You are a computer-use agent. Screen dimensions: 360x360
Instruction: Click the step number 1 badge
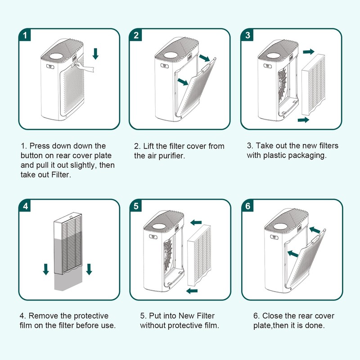point(25,35)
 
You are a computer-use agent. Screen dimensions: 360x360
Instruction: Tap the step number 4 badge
point(25,206)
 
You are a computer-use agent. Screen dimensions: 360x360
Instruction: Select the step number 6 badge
point(248,206)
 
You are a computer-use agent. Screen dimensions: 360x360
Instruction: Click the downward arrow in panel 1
point(95,54)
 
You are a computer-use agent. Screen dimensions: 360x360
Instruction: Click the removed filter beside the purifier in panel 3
point(313,84)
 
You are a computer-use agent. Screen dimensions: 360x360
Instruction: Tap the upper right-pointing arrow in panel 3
point(309,52)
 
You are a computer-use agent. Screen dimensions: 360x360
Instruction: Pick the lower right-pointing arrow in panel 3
point(303,120)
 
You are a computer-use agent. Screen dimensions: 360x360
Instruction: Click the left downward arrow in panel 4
point(46,269)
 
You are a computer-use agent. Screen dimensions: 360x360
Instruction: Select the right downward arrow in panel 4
point(89,269)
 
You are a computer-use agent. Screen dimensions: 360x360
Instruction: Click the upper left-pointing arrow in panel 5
point(196,222)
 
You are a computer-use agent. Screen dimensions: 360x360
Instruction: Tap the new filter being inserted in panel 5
point(199,256)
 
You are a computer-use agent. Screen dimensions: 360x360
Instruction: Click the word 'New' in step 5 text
point(186,316)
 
